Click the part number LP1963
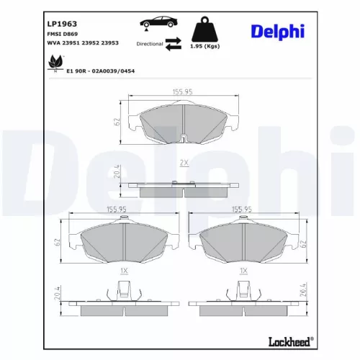pos(62,24)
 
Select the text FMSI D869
pos(63,34)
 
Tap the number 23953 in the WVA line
pos(109,43)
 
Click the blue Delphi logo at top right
pos(278,32)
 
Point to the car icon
pos(158,22)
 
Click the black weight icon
pos(204,29)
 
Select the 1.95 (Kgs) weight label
pos(204,46)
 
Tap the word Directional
pos(150,44)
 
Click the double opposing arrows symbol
pos(174,44)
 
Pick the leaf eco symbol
pos(55,63)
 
